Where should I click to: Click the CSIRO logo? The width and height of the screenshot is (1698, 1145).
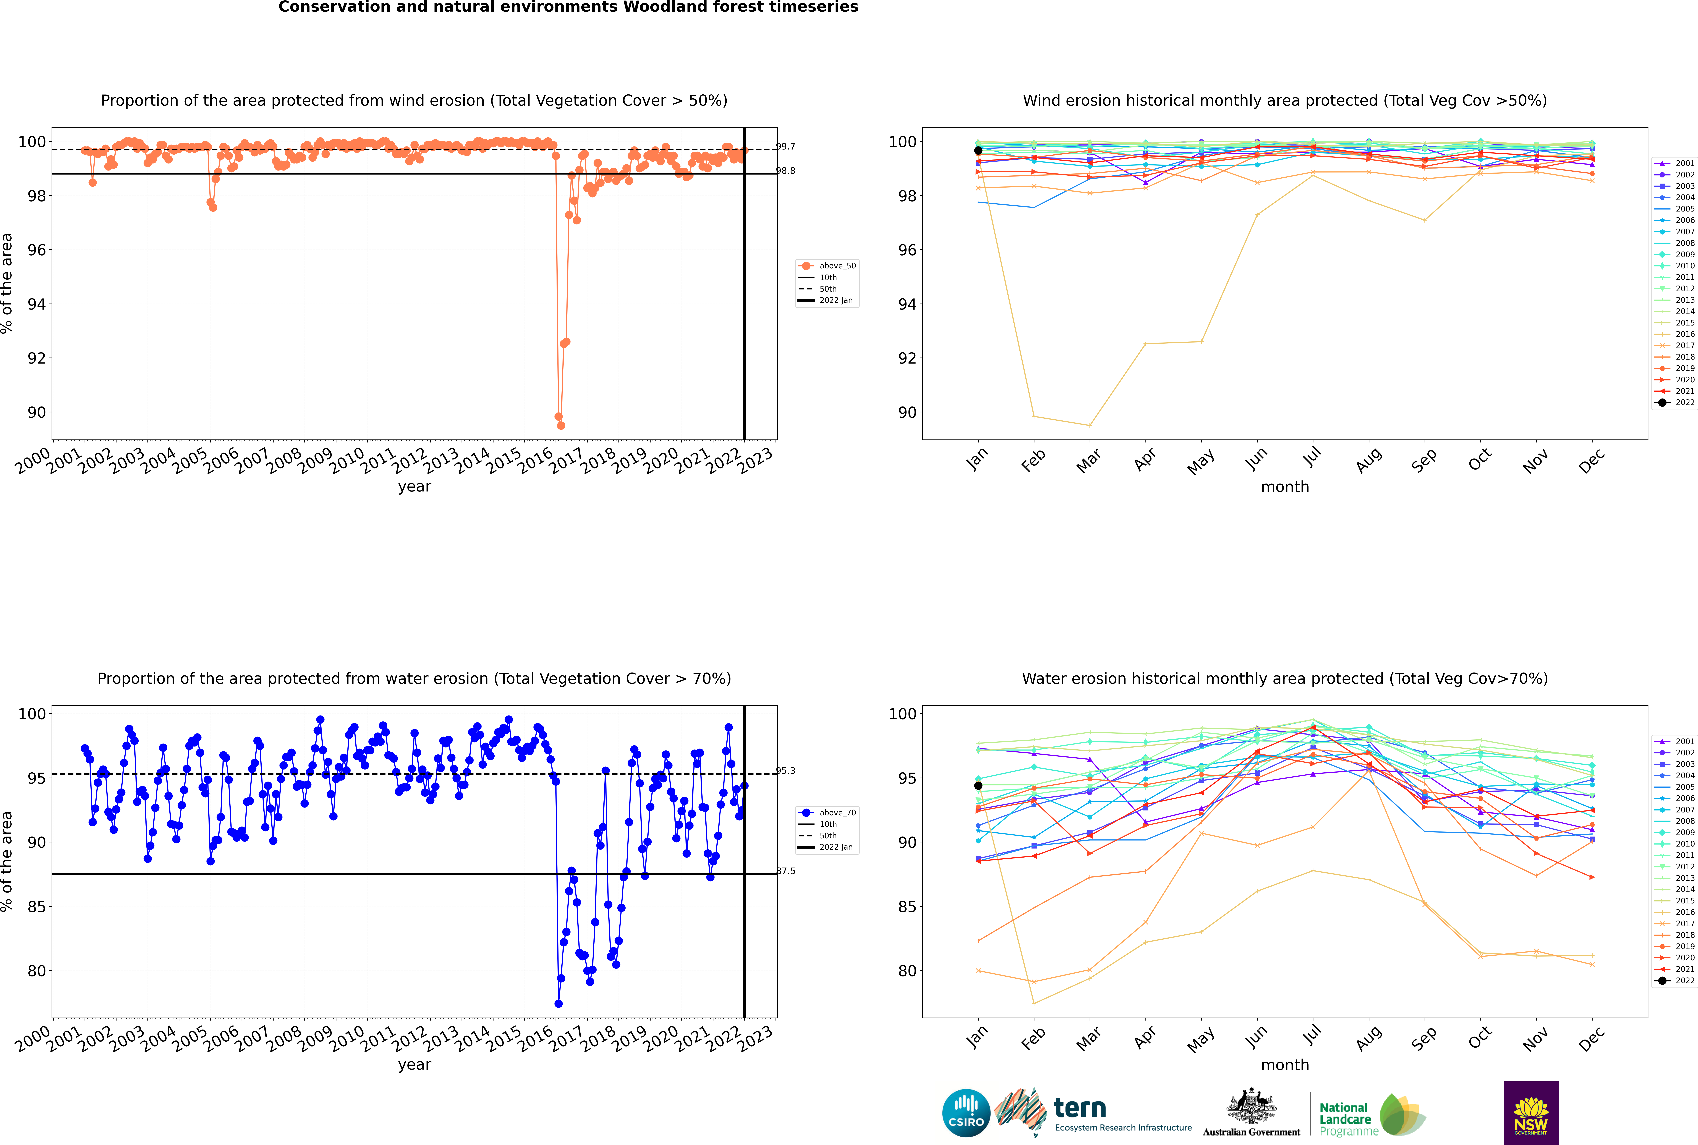966,1113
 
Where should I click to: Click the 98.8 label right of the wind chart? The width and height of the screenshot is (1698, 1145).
786,171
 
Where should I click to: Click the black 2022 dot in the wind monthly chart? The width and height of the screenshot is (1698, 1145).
978,150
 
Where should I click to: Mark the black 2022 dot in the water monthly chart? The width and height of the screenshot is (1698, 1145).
978,786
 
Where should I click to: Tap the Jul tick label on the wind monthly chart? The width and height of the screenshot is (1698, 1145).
1312,458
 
